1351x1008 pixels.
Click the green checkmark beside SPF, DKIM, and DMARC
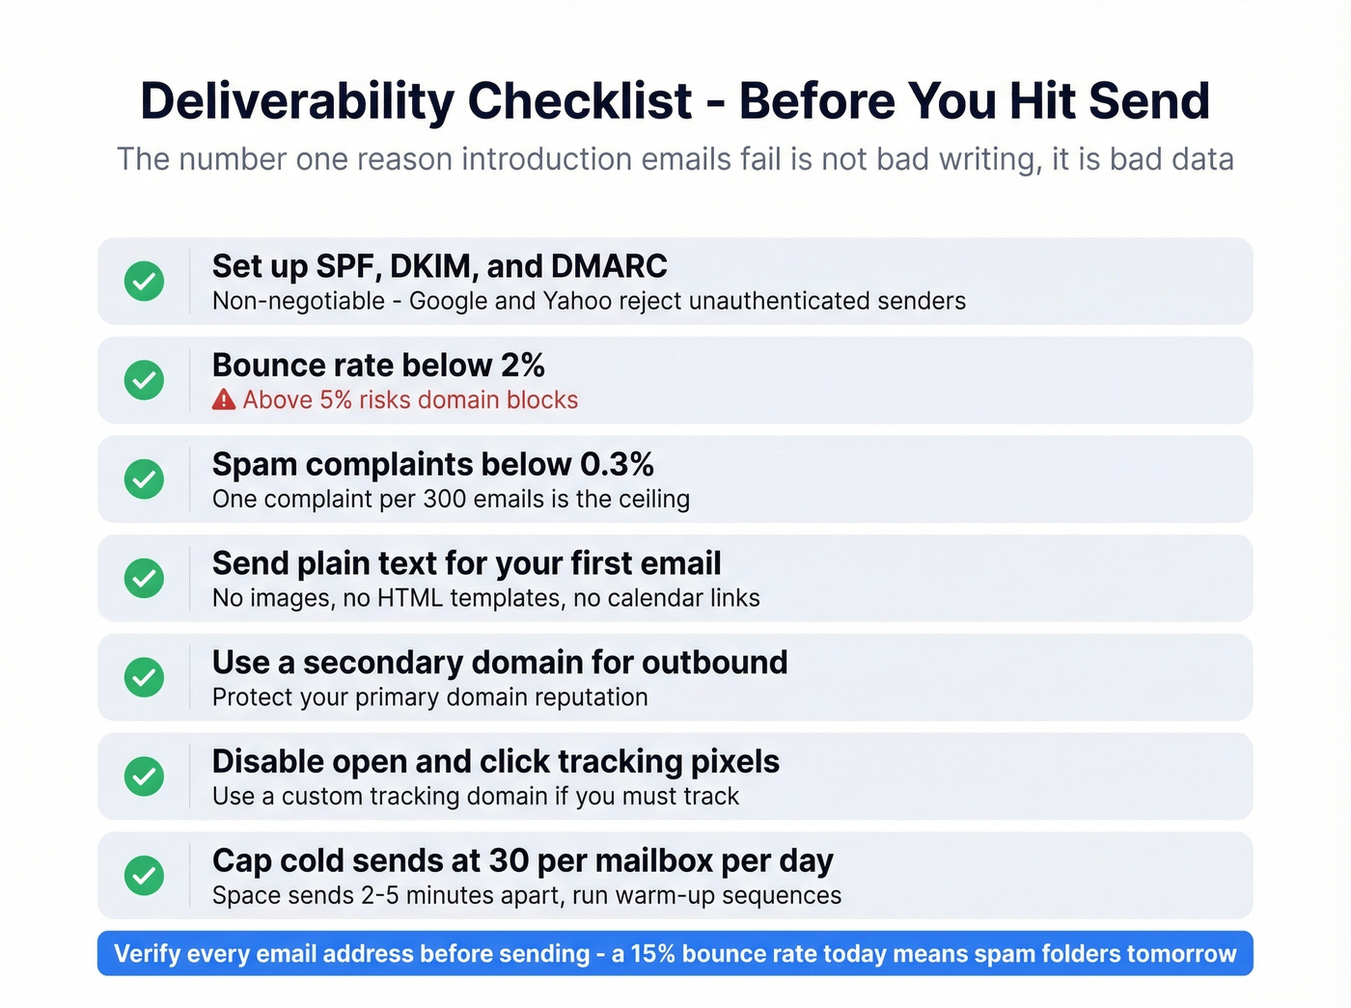point(144,281)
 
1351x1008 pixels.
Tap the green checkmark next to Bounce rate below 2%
point(144,380)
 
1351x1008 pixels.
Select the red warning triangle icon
point(224,399)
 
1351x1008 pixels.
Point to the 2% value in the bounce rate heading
point(523,366)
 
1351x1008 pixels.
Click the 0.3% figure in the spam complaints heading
point(617,465)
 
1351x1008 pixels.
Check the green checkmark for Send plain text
point(144,578)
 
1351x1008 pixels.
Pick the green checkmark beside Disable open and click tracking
point(144,776)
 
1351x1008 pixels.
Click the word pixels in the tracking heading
point(735,762)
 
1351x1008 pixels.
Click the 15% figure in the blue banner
point(653,954)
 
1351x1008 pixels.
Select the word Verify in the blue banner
point(147,954)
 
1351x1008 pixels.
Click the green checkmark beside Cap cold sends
point(144,875)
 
